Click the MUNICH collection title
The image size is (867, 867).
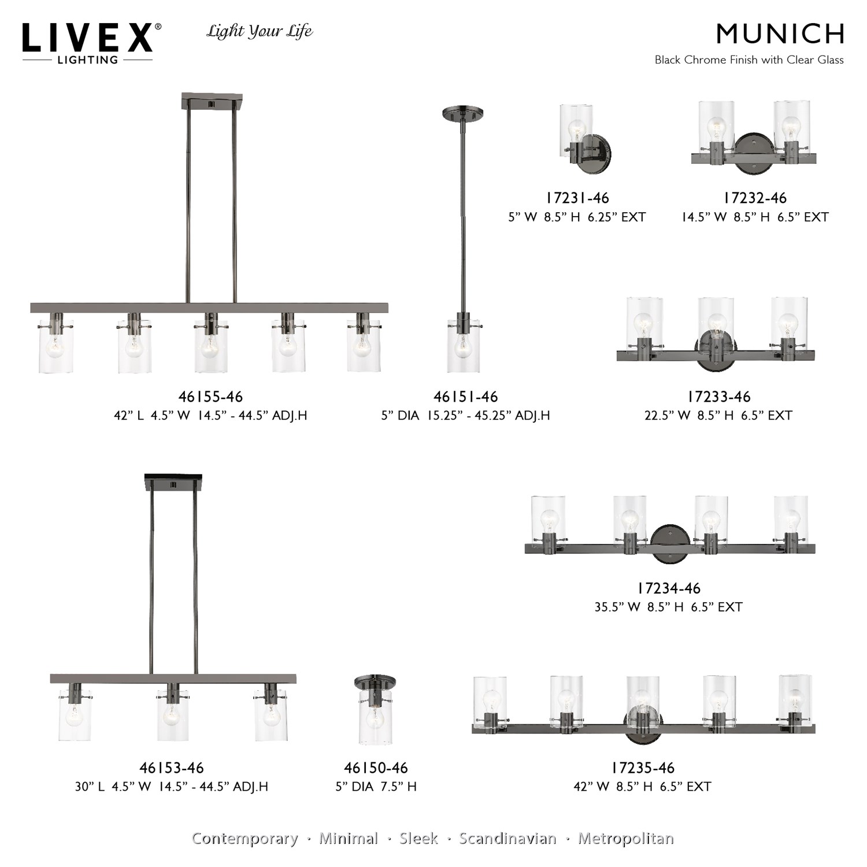780,34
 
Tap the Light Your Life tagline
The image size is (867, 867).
260,31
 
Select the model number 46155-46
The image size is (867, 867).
210,397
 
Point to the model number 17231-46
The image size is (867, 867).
577,198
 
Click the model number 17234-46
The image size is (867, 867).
669,588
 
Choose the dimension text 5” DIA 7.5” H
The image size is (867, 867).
376,787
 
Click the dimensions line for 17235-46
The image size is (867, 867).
642,787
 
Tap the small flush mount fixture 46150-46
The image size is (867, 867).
375,710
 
